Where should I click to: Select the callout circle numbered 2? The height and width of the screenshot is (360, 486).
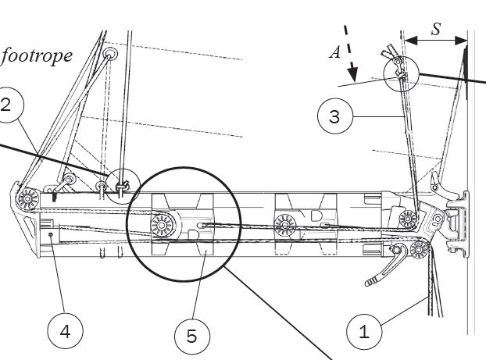[6, 107]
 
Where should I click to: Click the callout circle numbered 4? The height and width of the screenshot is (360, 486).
[66, 330]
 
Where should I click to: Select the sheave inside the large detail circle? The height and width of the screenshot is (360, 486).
[163, 228]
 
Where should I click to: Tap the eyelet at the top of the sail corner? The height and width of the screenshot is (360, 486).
[109, 54]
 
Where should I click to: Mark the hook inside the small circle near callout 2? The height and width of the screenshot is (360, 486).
[122, 187]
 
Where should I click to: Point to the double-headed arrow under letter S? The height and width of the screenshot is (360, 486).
[434, 39]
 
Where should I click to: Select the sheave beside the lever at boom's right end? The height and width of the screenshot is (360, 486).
[420, 251]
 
